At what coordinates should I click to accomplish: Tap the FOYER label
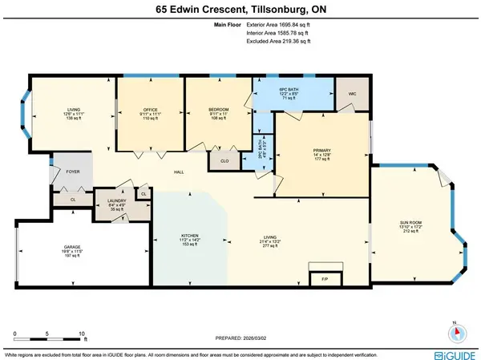pyautogui.click(x=73, y=171)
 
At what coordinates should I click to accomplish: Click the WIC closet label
pyautogui.click(x=350, y=92)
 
